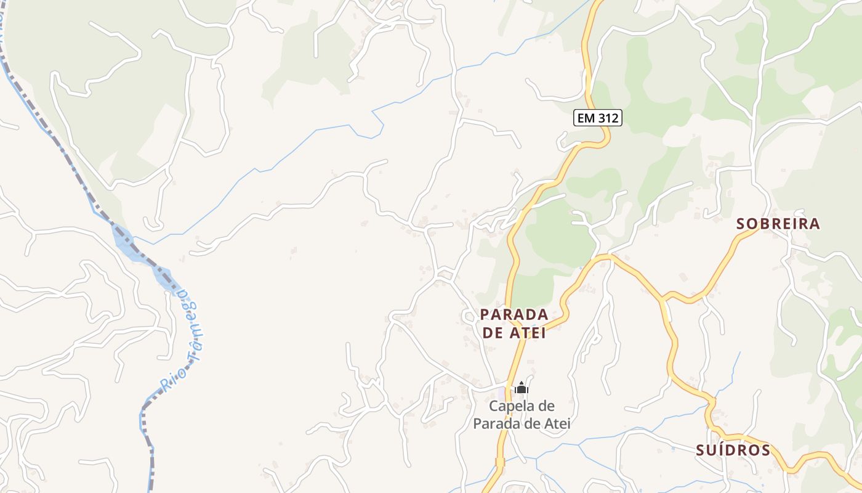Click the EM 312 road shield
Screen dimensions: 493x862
point(598,118)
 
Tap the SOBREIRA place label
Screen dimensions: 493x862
point(778,224)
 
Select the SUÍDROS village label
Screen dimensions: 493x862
point(733,450)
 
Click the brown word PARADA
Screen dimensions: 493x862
point(514,314)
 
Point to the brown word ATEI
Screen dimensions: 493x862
point(528,333)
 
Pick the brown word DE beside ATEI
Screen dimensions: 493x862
point(492,333)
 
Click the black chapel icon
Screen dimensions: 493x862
point(522,388)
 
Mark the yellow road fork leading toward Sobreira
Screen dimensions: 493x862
point(664,300)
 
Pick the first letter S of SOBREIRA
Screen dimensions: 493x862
point(741,224)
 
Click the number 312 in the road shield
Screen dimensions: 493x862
point(607,118)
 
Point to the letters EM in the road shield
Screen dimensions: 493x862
point(586,118)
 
